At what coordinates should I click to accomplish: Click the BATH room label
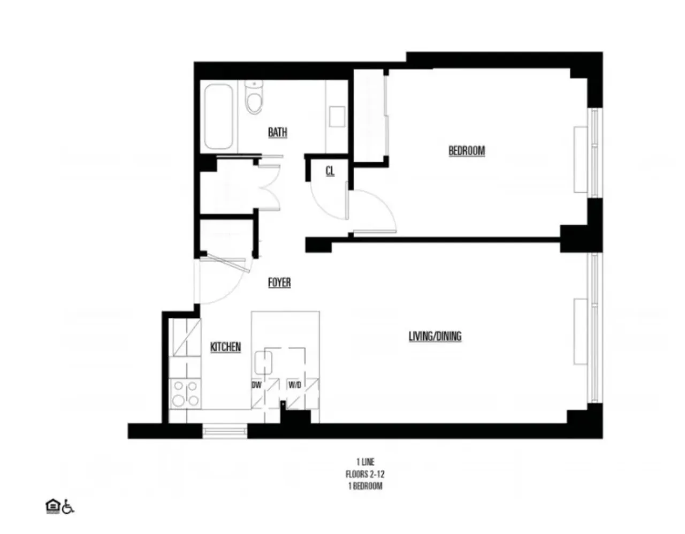pos(277,132)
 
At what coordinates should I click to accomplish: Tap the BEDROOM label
pos(466,151)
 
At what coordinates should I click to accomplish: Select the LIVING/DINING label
pos(435,337)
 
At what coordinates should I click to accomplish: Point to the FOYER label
pos(279,283)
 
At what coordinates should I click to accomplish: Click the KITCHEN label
pos(225,347)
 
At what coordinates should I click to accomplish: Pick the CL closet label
pos(330,171)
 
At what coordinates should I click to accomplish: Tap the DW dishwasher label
pos(257,385)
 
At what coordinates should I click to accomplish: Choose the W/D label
pos(294,385)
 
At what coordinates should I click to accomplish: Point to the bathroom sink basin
pos(336,116)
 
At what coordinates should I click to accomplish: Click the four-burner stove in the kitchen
pos(185,393)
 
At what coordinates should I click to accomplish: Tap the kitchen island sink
pos(263,362)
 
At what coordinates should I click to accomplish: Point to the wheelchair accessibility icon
pos(68,507)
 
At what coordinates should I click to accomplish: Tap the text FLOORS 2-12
pos(364,474)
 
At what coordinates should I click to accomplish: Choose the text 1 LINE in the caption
pos(364,462)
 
